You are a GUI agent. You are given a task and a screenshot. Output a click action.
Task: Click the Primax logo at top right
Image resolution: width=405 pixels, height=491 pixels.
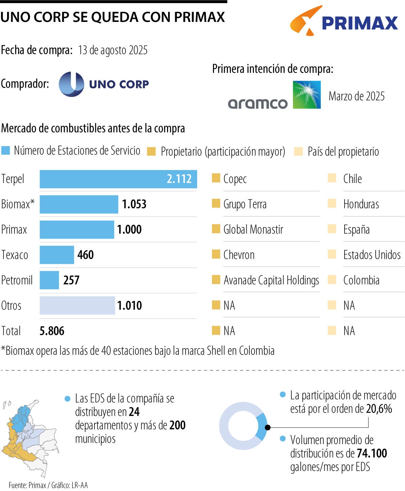344,21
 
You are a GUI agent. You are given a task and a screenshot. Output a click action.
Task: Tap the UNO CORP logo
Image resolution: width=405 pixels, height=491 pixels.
104,84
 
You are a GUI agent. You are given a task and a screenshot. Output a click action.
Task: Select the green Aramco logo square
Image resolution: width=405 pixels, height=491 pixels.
306,95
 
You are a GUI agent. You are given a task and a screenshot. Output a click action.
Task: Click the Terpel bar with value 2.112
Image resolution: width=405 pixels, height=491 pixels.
118,179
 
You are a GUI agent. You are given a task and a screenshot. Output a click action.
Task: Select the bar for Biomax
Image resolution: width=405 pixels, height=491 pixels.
79,204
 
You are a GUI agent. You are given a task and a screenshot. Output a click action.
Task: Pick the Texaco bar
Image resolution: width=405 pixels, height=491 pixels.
57,255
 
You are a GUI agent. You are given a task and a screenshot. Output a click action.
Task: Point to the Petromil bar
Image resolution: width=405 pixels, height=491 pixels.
49,280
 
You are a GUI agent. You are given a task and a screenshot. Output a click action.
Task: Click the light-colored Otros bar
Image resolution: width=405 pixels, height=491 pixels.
77,305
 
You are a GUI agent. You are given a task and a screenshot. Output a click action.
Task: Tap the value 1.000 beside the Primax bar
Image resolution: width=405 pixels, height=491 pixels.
129,229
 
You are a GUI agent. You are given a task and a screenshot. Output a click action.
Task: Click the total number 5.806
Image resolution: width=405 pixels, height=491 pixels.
52,331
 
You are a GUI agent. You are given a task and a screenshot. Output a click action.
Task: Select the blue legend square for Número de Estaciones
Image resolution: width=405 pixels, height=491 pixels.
6,150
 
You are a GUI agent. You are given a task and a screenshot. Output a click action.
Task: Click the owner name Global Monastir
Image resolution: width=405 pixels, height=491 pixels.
253,229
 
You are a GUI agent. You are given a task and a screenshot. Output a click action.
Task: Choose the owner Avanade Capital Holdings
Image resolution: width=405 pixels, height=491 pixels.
271,280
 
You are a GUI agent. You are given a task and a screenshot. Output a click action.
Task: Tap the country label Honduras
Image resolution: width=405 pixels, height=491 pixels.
361,204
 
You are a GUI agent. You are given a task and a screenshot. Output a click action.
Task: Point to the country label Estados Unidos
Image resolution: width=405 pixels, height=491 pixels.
372,255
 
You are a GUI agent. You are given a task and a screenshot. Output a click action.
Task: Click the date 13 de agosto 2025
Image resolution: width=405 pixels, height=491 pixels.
113,50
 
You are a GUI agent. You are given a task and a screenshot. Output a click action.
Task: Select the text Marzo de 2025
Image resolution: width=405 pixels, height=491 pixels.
356,96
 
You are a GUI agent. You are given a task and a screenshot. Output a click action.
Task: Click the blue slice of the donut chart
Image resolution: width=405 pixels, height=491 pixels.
261,426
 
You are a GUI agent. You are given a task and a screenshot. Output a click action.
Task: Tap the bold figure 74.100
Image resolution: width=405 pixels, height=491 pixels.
372,453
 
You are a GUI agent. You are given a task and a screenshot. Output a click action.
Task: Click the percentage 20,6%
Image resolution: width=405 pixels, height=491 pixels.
379,409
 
